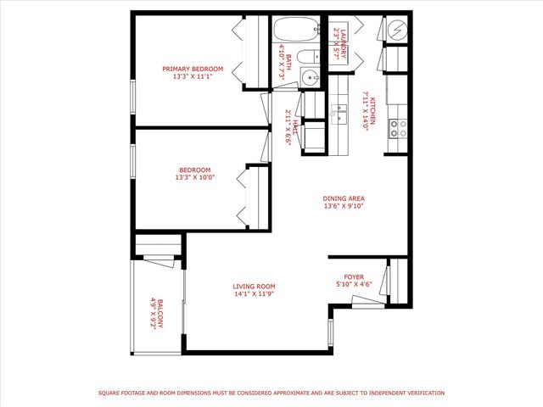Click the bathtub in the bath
294,31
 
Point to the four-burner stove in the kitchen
397,128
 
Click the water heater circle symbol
396,29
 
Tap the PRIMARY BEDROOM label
193,69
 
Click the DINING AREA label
343,198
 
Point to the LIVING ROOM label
255,287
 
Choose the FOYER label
353,277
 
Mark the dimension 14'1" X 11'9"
255,294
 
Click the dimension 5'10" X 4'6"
353,285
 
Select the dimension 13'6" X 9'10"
343,206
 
